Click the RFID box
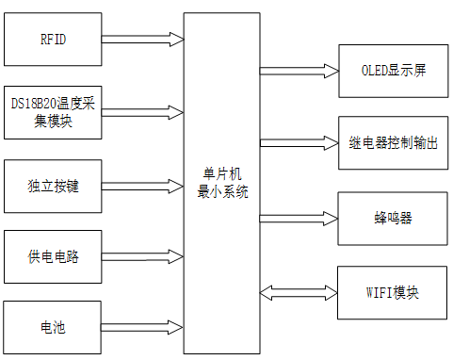pyautogui.click(x=53, y=41)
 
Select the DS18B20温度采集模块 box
pyautogui.click(x=53, y=112)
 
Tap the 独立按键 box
pyautogui.click(x=53, y=186)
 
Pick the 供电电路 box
pyautogui.click(x=53, y=256)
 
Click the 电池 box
pyautogui.click(x=53, y=327)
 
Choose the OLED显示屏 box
pyautogui.click(x=393, y=71)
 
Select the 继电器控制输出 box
pyautogui.click(x=393, y=144)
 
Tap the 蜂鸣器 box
pyautogui.click(x=393, y=218)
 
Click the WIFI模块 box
pyautogui.click(x=393, y=291)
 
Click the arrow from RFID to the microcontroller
pyautogui.click(x=142, y=40)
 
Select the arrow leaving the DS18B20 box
pyautogui.click(x=142, y=111)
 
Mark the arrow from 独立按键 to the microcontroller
pyautogui.click(x=142, y=185)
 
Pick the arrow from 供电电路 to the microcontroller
pyautogui.click(x=142, y=255)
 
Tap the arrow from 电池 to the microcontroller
pyautogui.click(x=142, y=326)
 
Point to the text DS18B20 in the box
pyautogui.click(x=34, y=102)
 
